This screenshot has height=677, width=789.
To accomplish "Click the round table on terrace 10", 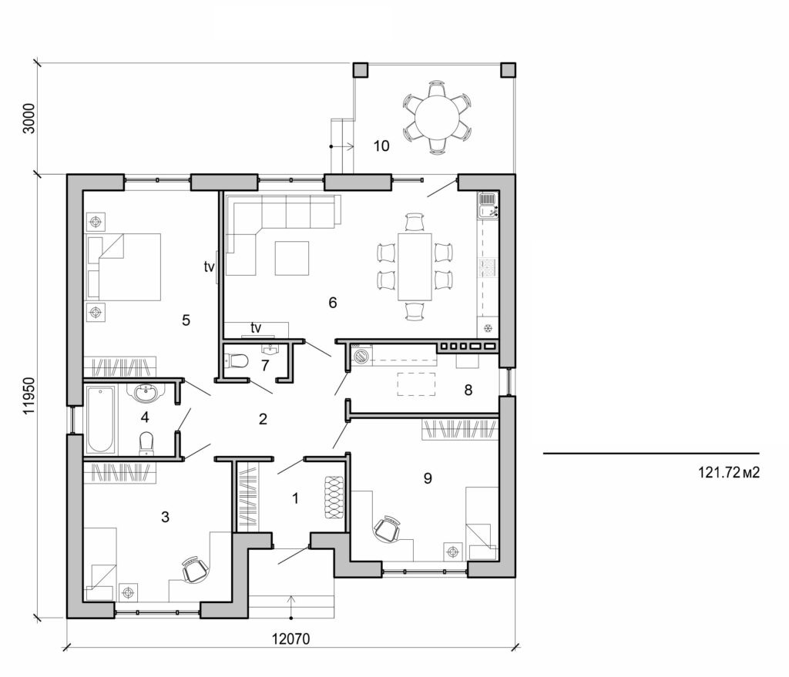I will [437, 117].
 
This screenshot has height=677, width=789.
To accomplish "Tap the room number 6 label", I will [332, 303].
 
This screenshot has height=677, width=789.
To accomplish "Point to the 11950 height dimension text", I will [30, 396].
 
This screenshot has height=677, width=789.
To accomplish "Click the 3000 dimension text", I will [29, 117].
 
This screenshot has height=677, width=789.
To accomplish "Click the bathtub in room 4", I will [102, 420].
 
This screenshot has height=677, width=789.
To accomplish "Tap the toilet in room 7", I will [237, 360].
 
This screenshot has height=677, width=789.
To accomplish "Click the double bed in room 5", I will [123, 266].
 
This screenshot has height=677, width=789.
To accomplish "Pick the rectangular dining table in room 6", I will [415, 266].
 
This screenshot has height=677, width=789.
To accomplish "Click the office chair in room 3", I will [195, 570].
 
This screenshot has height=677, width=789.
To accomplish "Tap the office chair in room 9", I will [387, 528].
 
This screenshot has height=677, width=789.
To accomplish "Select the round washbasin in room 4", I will [146, 394].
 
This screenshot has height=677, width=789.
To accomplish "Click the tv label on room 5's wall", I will [209, 268].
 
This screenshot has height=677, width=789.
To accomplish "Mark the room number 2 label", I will [263, 420].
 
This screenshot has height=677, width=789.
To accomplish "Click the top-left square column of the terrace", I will [361, 70].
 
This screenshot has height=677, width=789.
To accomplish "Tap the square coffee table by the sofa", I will [292, 258].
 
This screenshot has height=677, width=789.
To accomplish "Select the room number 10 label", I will [381, 146].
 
